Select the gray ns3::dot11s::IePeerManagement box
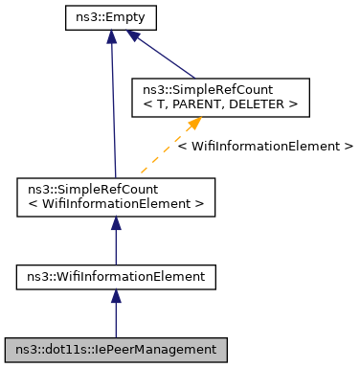pyautogui.click(x=116, y=350)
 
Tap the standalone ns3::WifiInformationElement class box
pyautogui.click(x=116, y=277)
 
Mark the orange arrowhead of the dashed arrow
pyautogui.click(x=193, y=122)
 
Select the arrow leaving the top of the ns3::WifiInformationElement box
pyautogui.click(x=116, y=240)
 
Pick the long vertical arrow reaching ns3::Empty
pyautogui.click(x=113, y=105)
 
